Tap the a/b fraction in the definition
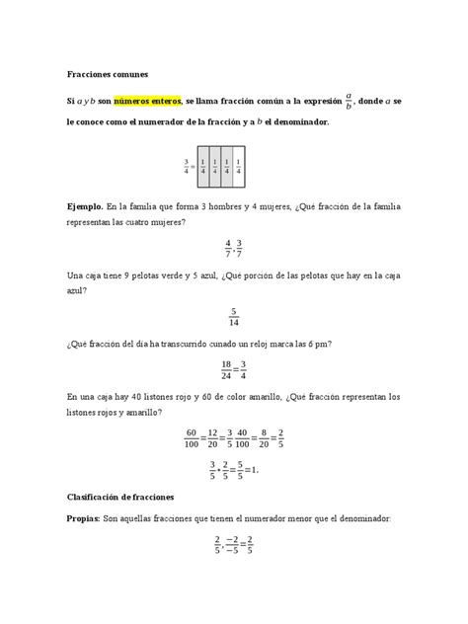click(x=348, y=102)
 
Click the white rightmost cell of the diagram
click(x=239, y=167)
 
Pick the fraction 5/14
click(x=234, y=316)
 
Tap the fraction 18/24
click(x=224, y=369)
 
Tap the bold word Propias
click(x=88, y=517)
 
